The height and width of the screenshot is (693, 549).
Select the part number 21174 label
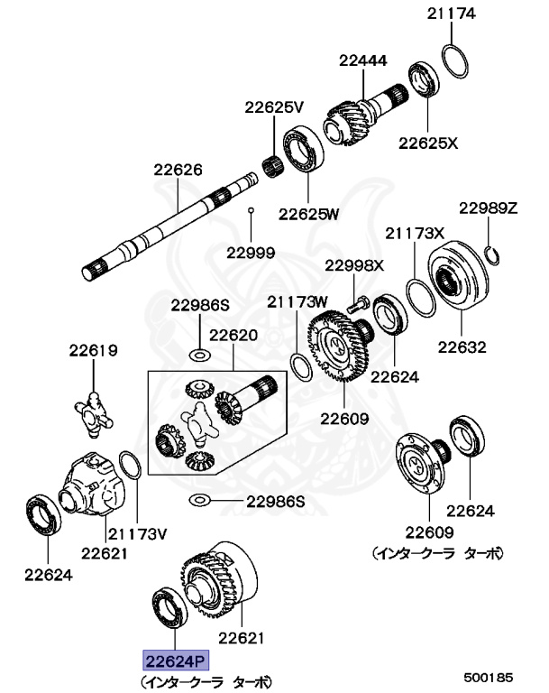click(x=451, y=14)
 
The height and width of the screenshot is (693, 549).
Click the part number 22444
click(x=363, y=61)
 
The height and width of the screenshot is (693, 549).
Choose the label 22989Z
click(x=488, y=208)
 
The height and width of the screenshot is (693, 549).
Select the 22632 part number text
click(x=462, y=346)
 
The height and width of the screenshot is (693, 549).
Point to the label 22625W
click(x=308, y=214)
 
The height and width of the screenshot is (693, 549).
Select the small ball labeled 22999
click(x=252, y=211)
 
